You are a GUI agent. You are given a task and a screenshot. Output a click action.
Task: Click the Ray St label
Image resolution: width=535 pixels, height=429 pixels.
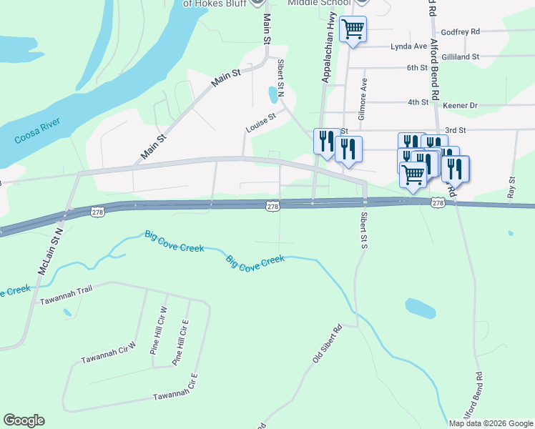pos(511,188)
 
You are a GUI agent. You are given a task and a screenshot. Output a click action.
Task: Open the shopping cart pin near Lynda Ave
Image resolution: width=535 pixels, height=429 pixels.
pos(353,29)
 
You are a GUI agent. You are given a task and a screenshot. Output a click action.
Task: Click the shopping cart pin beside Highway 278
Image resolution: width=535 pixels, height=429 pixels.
pos(413,174)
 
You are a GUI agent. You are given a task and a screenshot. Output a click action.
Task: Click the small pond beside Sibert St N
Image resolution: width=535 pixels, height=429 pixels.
pos(273,94)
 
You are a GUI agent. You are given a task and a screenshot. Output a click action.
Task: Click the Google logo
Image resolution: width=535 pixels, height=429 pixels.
pos(24,420)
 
